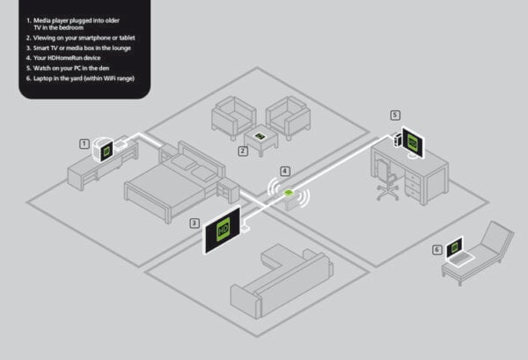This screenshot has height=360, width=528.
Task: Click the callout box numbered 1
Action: point(84,142)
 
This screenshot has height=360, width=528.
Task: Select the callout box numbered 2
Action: point(243,151)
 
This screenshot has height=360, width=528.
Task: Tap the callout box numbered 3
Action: point(194,224)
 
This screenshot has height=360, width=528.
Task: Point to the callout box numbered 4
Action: point(284,170)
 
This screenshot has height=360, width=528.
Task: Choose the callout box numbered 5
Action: point(395,114)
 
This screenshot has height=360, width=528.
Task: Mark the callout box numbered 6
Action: point(436,249)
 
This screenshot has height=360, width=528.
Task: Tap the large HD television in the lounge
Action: point(223,230)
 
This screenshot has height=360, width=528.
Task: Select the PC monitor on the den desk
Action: point(414,140)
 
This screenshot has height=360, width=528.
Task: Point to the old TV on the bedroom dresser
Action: point(106,151)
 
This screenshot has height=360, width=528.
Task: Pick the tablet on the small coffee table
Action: point(260,135)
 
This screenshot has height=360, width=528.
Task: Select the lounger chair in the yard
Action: point(480,255)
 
